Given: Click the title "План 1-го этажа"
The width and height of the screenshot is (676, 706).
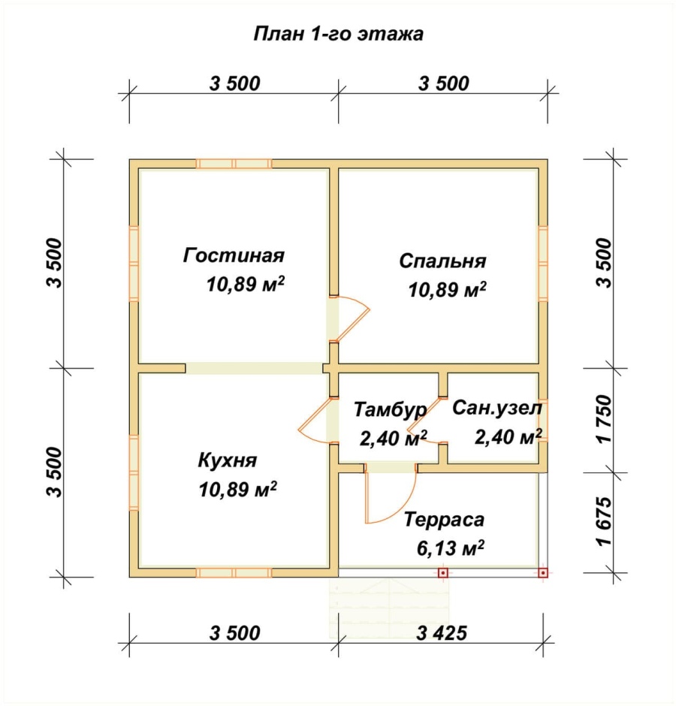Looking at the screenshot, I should tap(338, 34).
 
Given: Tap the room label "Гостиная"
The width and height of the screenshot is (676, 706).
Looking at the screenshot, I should tap(234, 255).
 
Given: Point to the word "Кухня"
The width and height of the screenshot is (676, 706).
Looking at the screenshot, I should tap(228, 460).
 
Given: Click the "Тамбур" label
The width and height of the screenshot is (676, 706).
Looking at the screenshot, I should tap(390, 410).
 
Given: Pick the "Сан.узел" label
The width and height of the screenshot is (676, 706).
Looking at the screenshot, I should tap(496, 409).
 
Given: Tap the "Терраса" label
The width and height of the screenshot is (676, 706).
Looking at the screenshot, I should tap(444, 520).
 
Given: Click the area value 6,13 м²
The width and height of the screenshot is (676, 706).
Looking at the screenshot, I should tap(449, 548).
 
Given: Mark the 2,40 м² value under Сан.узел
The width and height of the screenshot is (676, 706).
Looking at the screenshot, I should tap(508, 436).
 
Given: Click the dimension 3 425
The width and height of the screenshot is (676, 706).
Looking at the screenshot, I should tap(442, 632).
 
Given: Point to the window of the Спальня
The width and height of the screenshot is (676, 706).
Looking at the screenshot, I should tap(542, 264).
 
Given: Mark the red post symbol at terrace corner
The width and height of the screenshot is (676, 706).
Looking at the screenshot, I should tap(543, 573).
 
